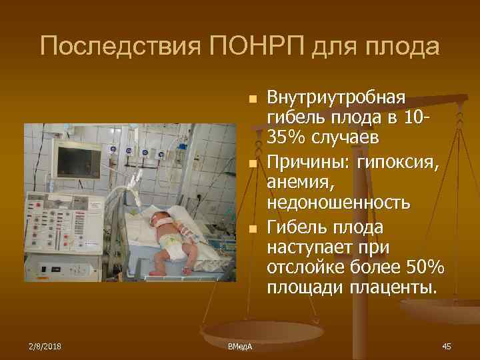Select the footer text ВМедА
click(x=235, y=347)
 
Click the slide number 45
click(x=447, y=346)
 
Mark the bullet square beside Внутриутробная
click(x=251, y=99)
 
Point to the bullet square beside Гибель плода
click(x=251, y=229)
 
